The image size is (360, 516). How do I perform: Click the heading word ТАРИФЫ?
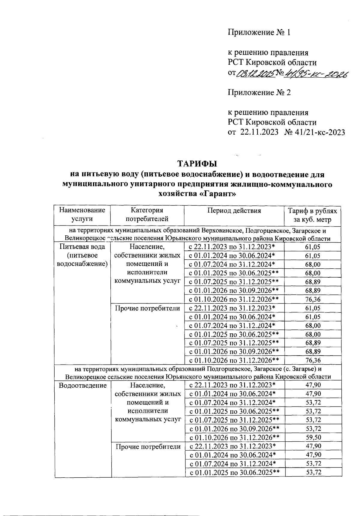coord(197,164)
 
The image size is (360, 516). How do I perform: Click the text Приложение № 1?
coord(259,32)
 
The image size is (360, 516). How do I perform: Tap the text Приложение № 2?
coord(259,92)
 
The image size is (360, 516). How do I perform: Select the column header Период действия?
coord(234,210)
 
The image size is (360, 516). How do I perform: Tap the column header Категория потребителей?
coord(147,214)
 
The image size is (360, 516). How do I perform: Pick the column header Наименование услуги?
coord(82,214)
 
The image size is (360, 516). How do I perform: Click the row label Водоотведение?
coord(82,385)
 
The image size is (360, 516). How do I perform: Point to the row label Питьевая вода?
coord(82,247)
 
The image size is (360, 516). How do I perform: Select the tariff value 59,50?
coord(313,437)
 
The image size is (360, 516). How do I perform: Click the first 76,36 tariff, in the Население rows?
coord(313,299)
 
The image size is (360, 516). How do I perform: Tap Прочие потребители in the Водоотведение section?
coord(148,447)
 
